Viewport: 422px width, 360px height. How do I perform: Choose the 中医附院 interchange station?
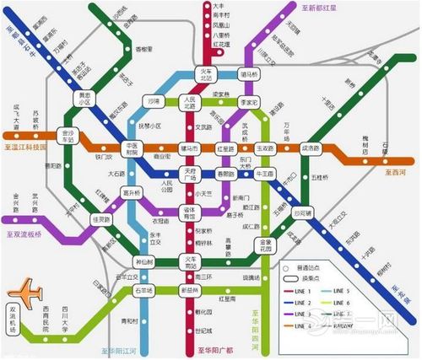tap(131, 148)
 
